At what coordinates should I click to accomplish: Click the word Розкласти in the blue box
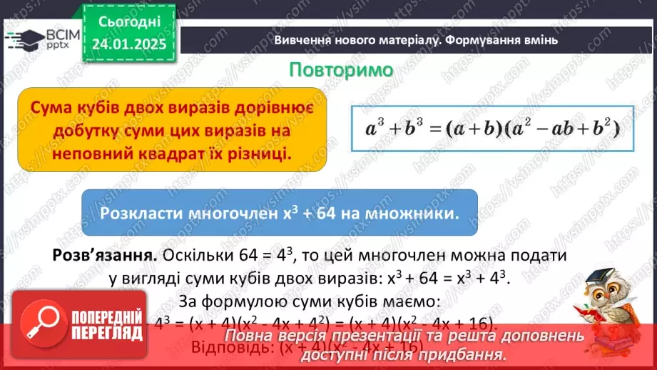[x=141, y=214]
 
